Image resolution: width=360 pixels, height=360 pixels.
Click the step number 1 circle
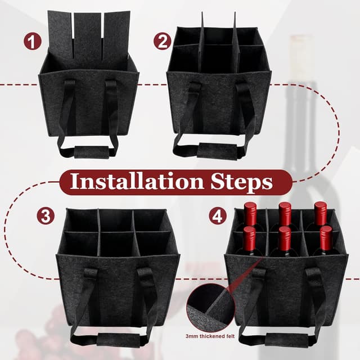coord(33,41)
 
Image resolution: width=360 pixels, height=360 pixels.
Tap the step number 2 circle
coord(163,41)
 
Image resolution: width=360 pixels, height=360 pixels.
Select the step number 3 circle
coord(46,215)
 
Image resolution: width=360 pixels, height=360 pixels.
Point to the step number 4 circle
coord(218,215)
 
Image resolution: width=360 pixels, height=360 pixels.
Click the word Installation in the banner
coord(137,181)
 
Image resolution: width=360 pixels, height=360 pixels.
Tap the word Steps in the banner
coord(242,182)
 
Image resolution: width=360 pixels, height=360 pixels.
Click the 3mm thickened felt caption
coord(210,336)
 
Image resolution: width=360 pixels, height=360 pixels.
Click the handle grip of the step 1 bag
coord(92,152)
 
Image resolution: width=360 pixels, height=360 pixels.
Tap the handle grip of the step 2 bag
coord(218,151)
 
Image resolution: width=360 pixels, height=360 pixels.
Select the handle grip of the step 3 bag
coord(118,340)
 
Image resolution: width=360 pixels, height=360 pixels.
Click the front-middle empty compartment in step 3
coord(116,244)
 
